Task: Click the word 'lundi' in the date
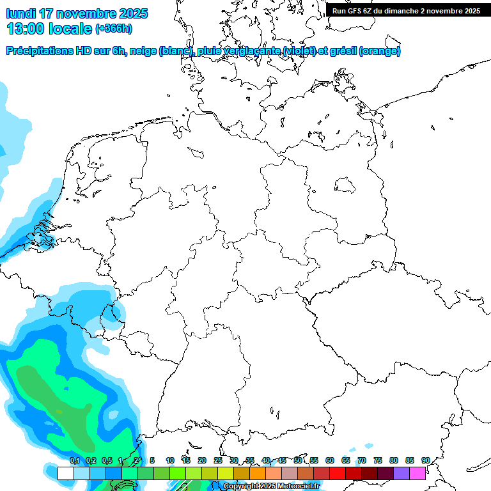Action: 20,13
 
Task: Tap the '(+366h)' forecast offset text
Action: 114,29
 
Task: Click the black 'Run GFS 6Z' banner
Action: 406,10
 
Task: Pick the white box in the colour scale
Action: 65,473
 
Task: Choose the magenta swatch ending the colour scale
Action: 417,473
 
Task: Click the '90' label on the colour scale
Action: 425,460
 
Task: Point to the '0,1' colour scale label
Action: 75,460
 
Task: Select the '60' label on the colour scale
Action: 330,460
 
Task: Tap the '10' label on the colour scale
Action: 170,460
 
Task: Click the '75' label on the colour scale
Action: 378,460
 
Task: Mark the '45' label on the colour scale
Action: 282,460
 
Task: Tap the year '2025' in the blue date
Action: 132,13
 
